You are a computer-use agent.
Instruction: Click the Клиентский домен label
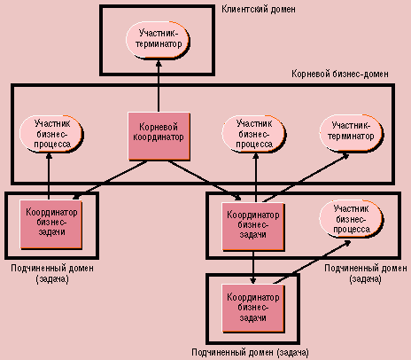click(x=259, y=9)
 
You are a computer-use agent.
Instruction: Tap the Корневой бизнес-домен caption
click(x=340, y=74)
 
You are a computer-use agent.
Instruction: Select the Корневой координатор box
click(x=159, y=137)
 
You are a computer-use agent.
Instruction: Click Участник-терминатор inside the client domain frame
click(x=158, y=40)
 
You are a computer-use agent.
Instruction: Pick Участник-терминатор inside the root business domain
click(x=351, y=133)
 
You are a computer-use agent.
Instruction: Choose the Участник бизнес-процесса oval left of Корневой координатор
click(x=51, y=134)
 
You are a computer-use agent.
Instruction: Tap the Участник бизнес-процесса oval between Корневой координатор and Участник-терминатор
click(x=254, y=134)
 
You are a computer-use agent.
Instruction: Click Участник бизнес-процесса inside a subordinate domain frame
click(x=351, y=219)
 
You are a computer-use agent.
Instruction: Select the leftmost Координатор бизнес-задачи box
click(x=51, y=224)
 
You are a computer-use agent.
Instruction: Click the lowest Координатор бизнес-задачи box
click(x=253, y=309)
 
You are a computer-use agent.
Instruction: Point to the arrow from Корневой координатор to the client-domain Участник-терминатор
click(x=159, y=86)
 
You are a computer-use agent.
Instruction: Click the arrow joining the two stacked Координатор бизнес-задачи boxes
click(x=253, y=268)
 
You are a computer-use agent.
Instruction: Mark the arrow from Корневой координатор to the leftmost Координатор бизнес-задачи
click(x=110, y=181)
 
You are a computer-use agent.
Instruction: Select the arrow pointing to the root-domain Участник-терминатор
click(x=306, y=178)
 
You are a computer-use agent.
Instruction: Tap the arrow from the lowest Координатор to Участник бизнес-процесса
click(x=312, y=262)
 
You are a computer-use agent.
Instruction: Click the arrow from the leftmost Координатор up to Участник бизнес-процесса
click(x=49, y=176)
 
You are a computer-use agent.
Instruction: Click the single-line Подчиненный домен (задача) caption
click(x=250, y=352)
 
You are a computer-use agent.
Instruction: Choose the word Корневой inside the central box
click(x=159, y=127)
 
